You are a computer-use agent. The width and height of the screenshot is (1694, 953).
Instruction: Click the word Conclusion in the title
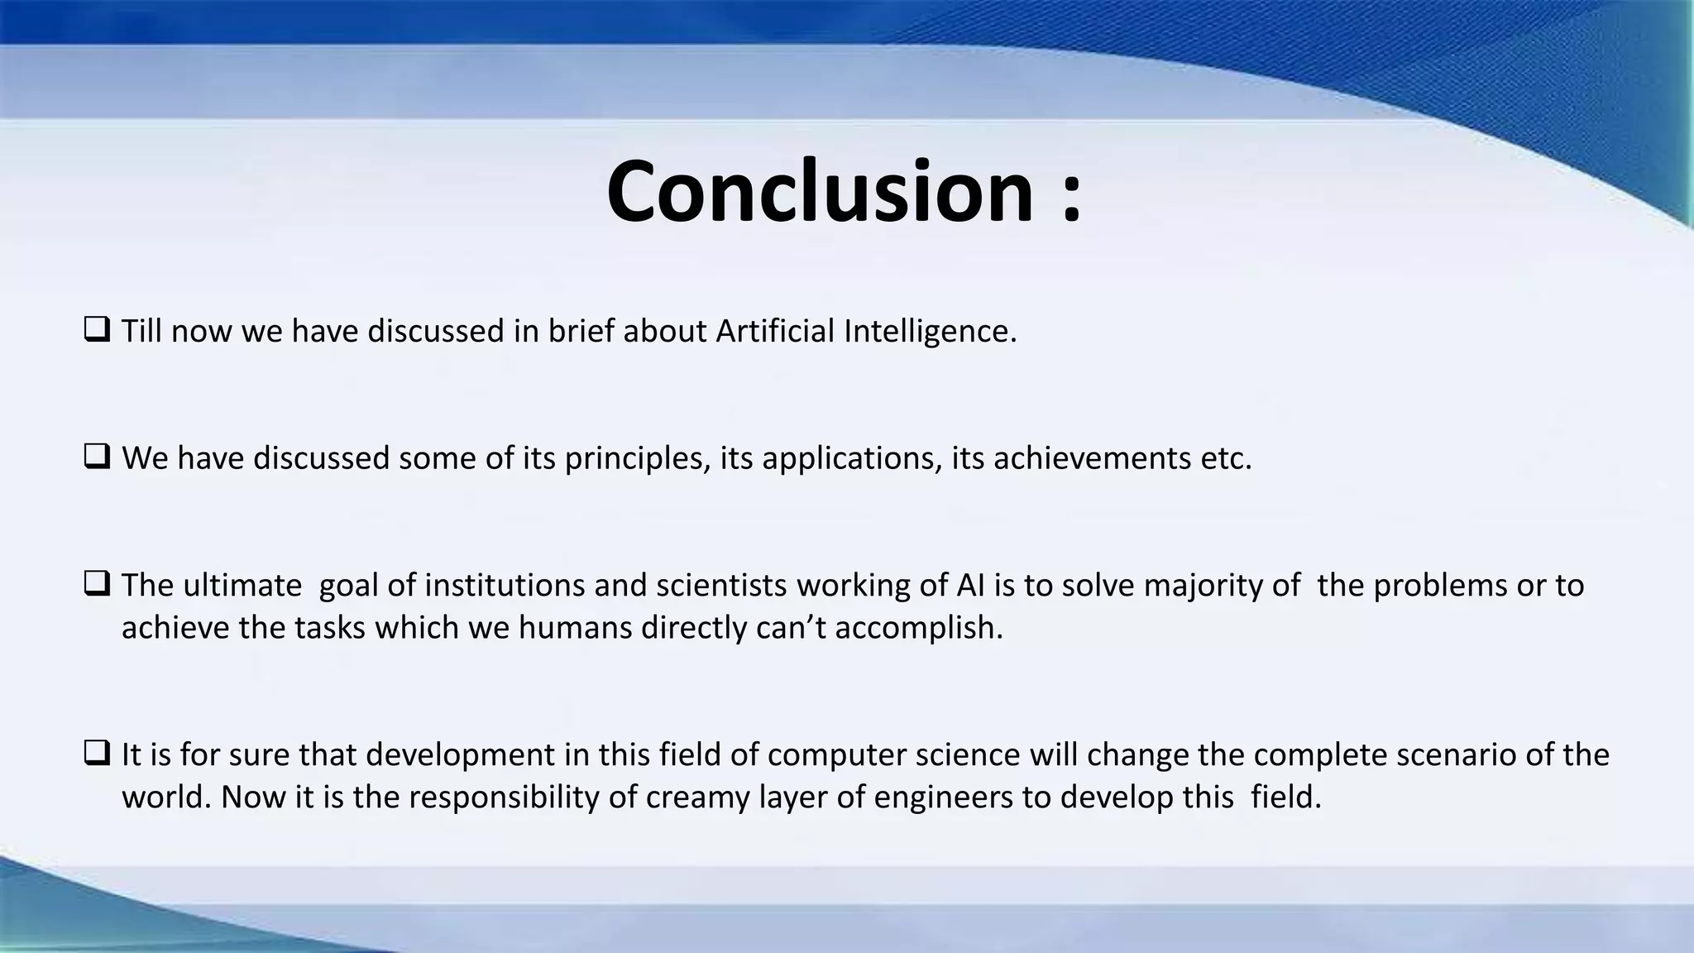click(820, 192)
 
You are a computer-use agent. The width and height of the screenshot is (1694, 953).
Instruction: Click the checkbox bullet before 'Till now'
click(97, 331)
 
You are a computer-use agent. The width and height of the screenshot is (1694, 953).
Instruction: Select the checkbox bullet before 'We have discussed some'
click(97, 457)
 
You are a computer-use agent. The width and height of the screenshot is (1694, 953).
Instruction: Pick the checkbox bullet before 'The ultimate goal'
click(97, 585)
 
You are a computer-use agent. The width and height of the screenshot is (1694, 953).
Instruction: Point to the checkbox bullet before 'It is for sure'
click(97, 754)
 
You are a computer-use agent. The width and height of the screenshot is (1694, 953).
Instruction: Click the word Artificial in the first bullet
click(775, 331)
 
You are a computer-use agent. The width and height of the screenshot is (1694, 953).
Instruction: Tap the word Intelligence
click(930, 333)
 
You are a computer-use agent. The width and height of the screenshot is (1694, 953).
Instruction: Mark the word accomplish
click(918, 629)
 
